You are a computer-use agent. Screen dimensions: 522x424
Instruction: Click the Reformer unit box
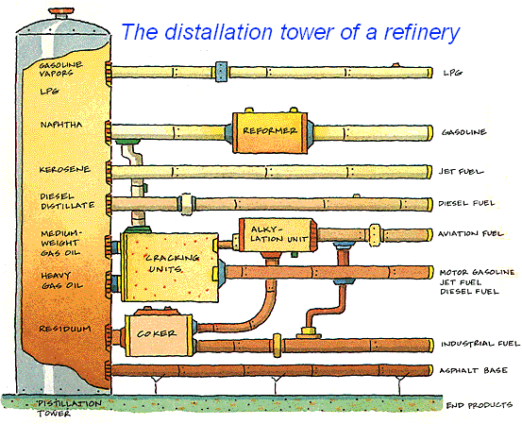pos(270,132)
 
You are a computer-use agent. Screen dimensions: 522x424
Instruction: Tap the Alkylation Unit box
pos(278,235)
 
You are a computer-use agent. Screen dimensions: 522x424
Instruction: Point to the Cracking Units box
pos(171,267)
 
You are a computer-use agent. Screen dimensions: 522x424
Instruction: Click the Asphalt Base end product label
pos(474,370)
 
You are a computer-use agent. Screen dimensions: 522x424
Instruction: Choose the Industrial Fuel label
pos(480,344)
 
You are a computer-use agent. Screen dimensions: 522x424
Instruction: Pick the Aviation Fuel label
pos(470,233)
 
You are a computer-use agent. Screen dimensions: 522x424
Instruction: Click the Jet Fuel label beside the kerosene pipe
pos(461,172)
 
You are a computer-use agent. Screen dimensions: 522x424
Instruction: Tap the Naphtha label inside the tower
pos(61,125)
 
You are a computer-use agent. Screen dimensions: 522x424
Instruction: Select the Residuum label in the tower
pos(65,329)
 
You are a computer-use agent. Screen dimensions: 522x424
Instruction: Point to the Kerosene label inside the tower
pos(64,170)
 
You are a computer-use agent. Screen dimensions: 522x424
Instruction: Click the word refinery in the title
pos(421,32)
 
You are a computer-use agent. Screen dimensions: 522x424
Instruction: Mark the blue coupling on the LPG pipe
pos(221,72)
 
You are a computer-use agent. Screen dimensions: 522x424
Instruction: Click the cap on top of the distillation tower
pos(62,14)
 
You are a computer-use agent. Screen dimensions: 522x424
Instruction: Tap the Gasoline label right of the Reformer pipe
pos(463,132)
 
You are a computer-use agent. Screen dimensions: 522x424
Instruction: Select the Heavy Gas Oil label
pos(62,280)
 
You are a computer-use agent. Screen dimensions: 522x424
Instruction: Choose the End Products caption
pos(480,405)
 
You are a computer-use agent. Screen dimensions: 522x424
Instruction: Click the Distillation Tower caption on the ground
pos(69,408)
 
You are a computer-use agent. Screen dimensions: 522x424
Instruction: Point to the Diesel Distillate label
pos(67,201)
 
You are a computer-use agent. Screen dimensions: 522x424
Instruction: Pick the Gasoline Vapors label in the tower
pos(60,69)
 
